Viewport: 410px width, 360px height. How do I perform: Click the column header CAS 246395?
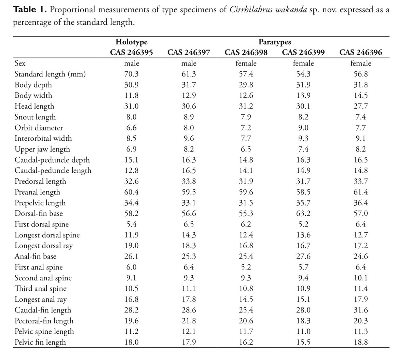coord(132,53)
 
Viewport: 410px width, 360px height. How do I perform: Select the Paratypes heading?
coord(275,42)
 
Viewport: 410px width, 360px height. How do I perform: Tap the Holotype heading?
coord(132,42)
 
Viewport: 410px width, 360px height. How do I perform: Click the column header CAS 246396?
coord(360,53)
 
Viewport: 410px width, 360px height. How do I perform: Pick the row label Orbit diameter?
coord(39,128)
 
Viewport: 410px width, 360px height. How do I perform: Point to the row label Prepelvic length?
coord(40,203)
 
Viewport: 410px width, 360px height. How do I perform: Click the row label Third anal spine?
coord(40,289)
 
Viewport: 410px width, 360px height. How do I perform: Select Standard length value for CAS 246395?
coord(132,74)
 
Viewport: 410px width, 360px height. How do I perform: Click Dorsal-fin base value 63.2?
coord(303,213)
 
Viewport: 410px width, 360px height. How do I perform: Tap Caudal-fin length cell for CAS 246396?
coord(360,310)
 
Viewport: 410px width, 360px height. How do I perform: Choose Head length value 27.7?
coord(360,106)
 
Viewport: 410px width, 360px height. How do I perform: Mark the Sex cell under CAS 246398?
coord(246,64)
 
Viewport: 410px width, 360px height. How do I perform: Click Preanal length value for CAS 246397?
coord(189,192)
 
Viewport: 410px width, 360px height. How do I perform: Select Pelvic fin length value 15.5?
coord(303,342)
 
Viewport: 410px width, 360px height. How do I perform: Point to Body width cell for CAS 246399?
coord(303,96)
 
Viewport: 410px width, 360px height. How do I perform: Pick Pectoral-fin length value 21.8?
coord(189,321)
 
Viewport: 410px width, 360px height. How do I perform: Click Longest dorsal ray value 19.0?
coord(132,246)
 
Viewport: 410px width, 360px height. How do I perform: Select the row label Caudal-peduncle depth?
coord(52,160)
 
